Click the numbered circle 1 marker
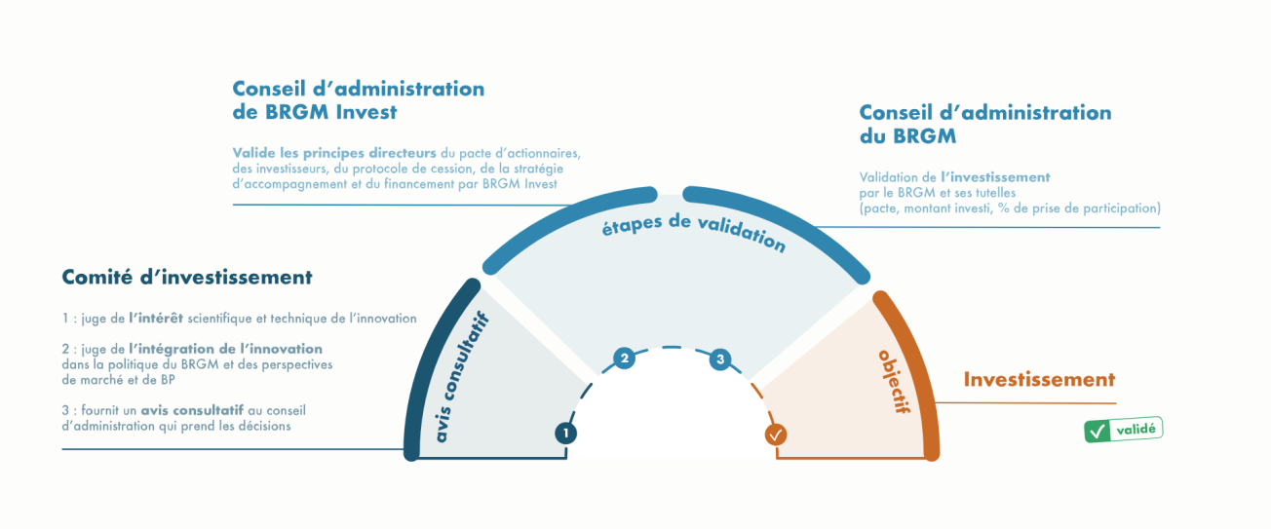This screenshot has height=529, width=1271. click(565, 433)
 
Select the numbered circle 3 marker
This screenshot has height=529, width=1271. click(720, 359)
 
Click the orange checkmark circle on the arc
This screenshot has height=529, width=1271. click(776, 435)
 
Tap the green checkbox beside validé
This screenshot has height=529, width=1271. click(1098, 431)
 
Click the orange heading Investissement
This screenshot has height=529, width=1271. click(1039, 379)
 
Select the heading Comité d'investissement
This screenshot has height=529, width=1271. click(187, 277)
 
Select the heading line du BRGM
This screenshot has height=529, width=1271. click(907, 136)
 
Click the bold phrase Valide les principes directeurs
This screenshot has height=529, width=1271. click(334, 153)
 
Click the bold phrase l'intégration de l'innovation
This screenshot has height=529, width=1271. click(225, 348)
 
